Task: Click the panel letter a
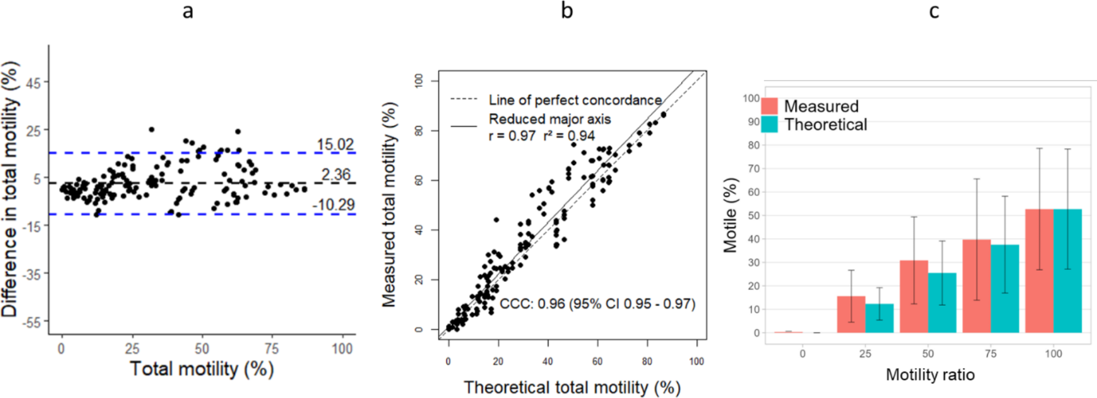(187, 11)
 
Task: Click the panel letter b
(567, 10)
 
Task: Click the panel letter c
(934, 11)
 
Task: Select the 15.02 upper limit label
(335, 145)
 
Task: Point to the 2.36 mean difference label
(335, 175)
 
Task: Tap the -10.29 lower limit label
(333, 205)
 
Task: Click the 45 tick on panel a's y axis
(33, 83)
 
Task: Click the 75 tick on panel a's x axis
(272, 349)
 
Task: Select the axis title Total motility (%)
(202, 369)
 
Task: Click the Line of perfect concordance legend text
(575, 100)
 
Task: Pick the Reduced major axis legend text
(550, 119)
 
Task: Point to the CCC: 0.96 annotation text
(597, 304)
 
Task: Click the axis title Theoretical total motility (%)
(572, 388)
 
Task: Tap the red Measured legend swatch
(769, 106)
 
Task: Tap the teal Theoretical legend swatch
(769, 124)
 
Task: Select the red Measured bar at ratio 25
(851, 314)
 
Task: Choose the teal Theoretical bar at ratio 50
(942, 303)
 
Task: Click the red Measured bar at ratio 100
(1039, 271)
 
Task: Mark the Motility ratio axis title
(930, 375)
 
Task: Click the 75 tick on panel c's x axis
(990, 354)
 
